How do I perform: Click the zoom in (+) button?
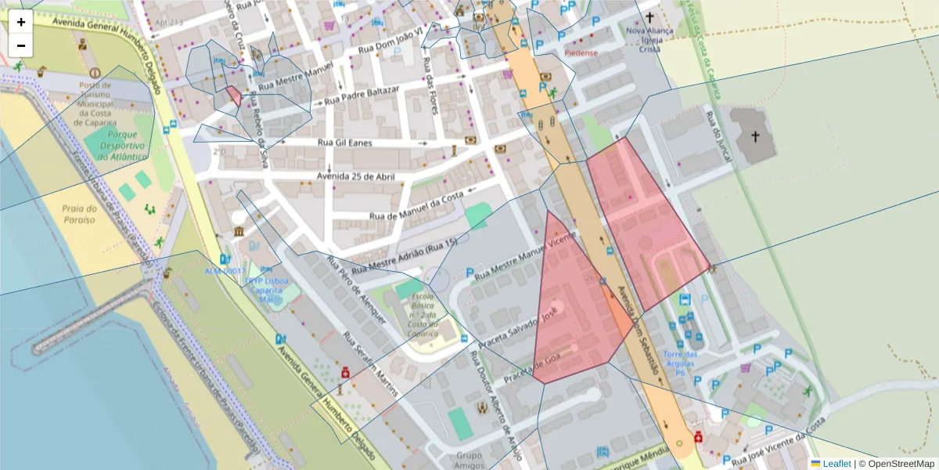(21, 22)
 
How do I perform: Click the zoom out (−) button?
(21, 45)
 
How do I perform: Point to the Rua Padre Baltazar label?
(362, 96)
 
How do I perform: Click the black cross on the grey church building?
(755, 137)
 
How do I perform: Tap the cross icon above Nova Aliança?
(649, 16)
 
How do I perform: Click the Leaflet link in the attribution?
(836, 464)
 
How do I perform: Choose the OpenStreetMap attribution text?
(896, 464)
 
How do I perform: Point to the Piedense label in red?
(581, 53)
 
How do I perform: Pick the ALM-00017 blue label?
(225, 271)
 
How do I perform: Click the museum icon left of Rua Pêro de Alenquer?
(237, 233)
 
